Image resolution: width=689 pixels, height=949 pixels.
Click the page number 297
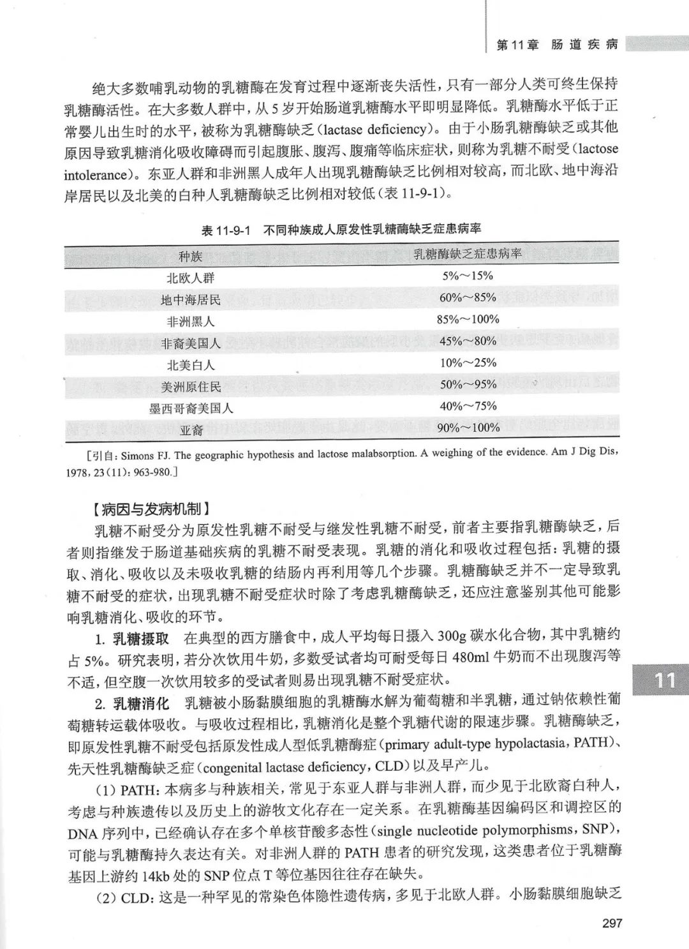[607, 923]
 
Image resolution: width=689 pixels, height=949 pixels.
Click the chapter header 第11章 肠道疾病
[557, 45]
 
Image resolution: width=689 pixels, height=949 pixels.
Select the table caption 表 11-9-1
[227, 230]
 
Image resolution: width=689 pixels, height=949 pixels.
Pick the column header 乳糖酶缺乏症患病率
[468, 254]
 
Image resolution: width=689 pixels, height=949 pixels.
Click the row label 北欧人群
[190, 278]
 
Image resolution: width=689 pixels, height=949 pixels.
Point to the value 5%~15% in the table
[468, 276]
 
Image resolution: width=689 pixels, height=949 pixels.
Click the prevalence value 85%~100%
[468, 319]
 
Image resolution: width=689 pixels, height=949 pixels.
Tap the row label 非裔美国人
[190, 343]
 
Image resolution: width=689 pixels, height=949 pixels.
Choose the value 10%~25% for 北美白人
[468, 362]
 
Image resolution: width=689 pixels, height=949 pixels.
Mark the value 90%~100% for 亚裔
[468, 428]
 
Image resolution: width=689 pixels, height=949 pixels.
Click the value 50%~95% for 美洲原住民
[468, 384]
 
